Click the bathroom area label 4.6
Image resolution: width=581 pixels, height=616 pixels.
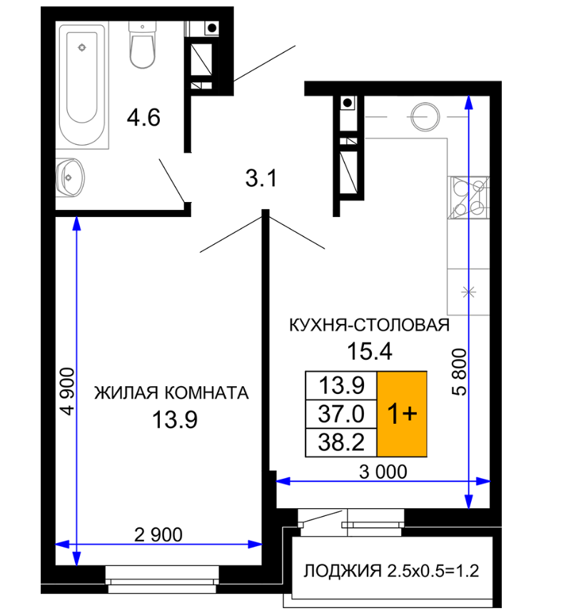[143, 118]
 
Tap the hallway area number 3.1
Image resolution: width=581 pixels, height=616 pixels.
[261, 178]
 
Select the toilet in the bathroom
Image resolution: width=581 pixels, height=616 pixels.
[142, 45]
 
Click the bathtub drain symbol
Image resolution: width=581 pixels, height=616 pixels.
[82, 48]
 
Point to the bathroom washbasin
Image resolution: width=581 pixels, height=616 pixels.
[70, 178]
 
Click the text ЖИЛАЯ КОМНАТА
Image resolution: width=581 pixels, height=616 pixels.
[171, 393]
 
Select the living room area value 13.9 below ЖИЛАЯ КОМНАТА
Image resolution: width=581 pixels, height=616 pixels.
[174, 420]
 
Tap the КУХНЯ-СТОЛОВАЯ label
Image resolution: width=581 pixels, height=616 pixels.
[369, 325]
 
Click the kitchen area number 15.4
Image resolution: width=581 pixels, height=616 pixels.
[369, 350]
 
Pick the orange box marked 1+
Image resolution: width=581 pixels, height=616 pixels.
[402, 414]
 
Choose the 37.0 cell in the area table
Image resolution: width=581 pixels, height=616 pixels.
[341, 414]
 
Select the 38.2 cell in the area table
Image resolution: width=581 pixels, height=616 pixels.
[341, 443]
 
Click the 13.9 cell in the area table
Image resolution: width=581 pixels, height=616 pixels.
[341, 385]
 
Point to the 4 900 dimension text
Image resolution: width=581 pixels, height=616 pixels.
[67, 391]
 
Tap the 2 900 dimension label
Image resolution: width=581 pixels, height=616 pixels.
[158, 535]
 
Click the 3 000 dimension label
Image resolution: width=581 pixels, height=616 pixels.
[383, 471]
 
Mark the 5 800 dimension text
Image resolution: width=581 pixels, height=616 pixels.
[459, 372]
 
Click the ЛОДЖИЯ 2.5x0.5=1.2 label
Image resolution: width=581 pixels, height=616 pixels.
[391, 571]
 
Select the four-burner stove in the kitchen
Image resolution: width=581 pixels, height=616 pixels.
[468, 197]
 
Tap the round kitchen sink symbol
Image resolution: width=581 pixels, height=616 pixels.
[425, 116]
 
